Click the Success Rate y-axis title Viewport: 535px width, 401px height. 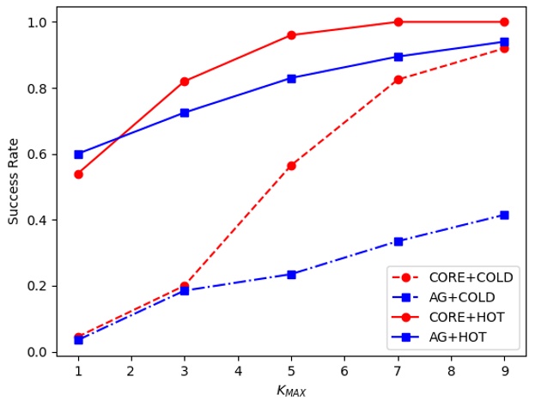14,179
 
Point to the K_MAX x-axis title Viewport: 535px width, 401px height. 291,391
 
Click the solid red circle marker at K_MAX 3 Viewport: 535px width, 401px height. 185,82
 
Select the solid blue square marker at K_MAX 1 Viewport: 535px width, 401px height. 78,155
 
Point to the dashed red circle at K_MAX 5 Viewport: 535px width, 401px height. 291,166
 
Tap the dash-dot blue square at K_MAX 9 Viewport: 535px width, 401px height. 504,215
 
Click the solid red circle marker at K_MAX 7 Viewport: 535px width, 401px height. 398,21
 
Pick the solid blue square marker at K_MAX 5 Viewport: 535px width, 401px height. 291,78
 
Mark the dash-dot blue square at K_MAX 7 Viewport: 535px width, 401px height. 398,241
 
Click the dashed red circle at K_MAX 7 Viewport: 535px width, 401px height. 398,80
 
